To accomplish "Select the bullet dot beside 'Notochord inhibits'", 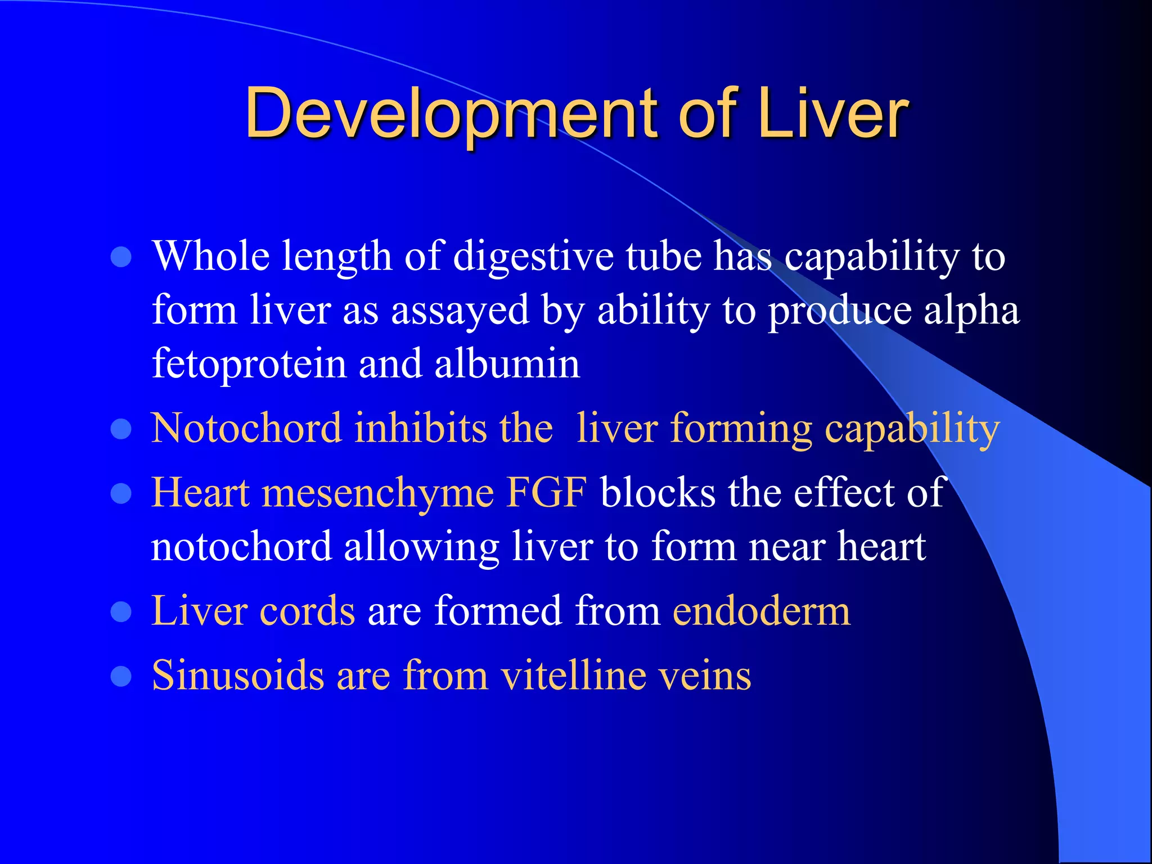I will click(x=121, y=429).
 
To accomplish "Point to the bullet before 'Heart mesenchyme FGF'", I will click(x=121, y=494).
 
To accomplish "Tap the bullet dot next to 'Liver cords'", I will click(x=121, y=612).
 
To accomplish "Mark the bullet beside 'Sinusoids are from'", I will click(x=121, y=676).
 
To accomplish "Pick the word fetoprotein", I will click(x=249, y=364).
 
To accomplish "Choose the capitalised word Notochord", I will click(x=246, y=428).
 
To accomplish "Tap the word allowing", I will click(x=421, y=547).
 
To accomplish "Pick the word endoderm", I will click(x=762, y=611).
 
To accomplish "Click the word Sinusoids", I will click(x=238, y=675).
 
